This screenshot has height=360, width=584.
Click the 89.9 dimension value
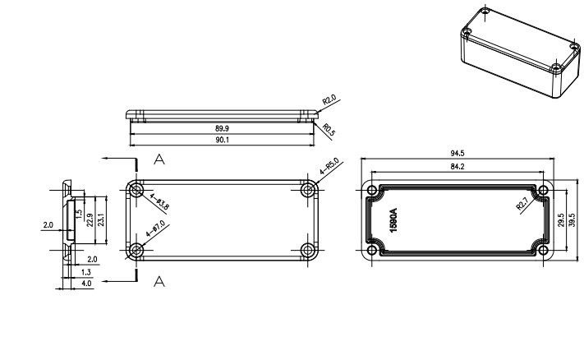point(222,129)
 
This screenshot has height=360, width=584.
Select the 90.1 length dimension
point(222,140)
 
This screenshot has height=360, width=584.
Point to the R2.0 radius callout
point(330,101)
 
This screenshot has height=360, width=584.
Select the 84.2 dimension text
point(458,167)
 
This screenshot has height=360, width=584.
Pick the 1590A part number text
point(393,219)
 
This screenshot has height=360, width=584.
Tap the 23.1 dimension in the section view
point(101,220)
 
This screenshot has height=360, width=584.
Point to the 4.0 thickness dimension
point(86,284)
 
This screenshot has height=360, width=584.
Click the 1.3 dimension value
point(86,271)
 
